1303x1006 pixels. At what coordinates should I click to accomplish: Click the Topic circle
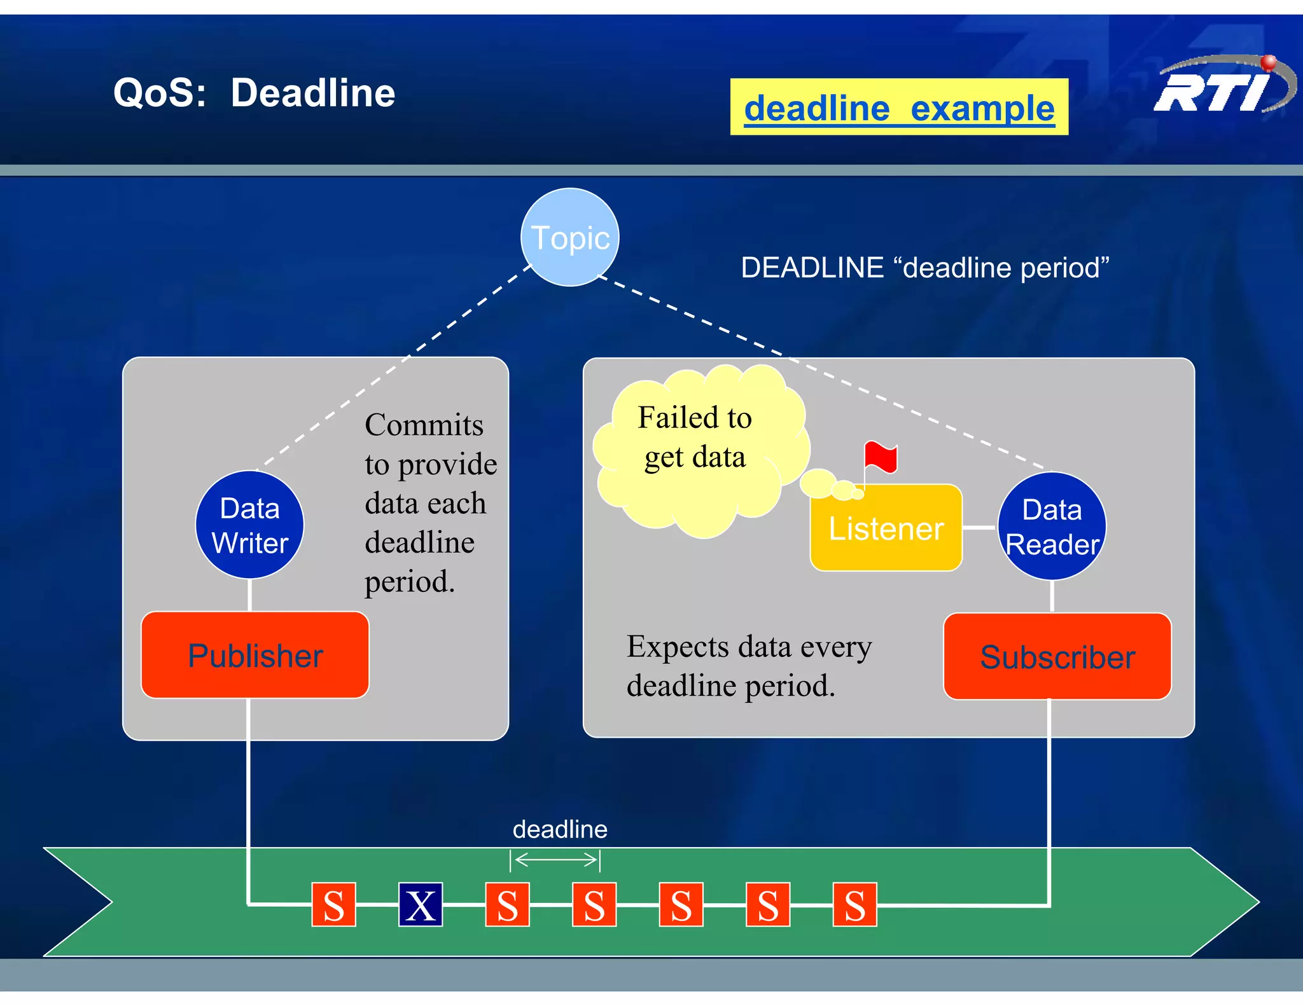[569, 237]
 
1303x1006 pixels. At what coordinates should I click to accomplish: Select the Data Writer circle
[249, 525]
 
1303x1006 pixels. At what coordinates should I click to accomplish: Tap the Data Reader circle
[1052, 527]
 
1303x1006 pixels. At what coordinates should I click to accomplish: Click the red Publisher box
[255, 655]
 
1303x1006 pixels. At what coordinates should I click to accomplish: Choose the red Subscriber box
[1057, 656]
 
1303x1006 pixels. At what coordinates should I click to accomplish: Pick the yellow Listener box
[886, 528]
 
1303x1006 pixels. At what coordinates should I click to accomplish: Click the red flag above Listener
[881, 457]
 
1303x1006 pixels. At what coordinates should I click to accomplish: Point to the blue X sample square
[421, 904]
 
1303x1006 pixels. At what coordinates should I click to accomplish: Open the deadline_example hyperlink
[899, 108]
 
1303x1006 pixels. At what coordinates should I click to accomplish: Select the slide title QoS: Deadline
[254, 93]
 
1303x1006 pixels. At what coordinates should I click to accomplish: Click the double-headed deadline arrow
[555, 860]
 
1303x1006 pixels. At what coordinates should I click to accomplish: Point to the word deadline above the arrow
[560, 829]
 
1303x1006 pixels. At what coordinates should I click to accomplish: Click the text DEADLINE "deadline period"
[924, 268]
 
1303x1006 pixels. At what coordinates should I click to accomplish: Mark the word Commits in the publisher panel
[424, 425]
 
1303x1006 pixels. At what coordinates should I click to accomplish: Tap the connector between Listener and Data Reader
[979, 528]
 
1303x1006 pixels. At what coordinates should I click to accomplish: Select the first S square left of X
[333, 904]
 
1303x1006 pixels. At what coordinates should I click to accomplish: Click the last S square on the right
[854, 904]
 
